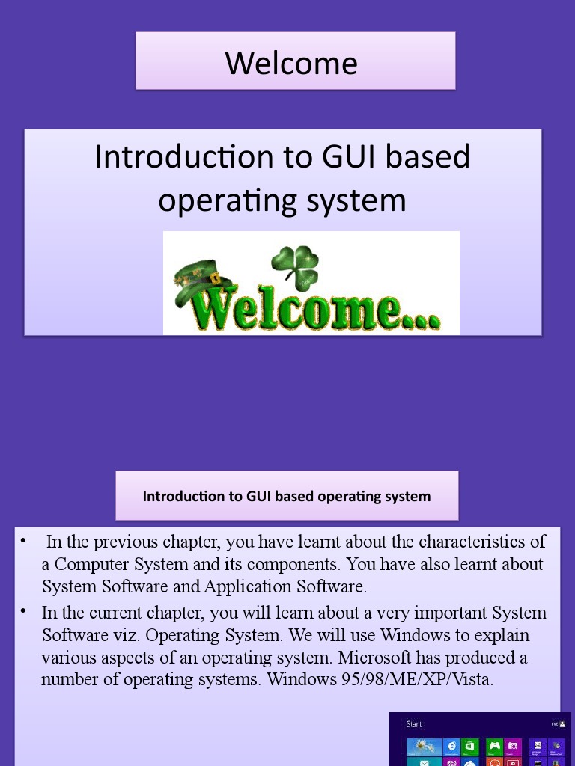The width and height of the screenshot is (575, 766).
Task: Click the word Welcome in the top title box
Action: point(291,63)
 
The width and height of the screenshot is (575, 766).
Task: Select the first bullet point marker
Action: point(24,540)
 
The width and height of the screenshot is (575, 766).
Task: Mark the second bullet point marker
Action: point(24,611)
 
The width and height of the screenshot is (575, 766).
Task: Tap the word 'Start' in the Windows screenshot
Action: point(414,724)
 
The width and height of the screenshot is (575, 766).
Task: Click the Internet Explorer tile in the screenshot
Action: point(451,746)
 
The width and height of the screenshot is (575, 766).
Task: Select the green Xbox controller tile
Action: point(494,746)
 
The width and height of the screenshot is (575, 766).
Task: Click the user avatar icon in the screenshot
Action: point(562,724)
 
